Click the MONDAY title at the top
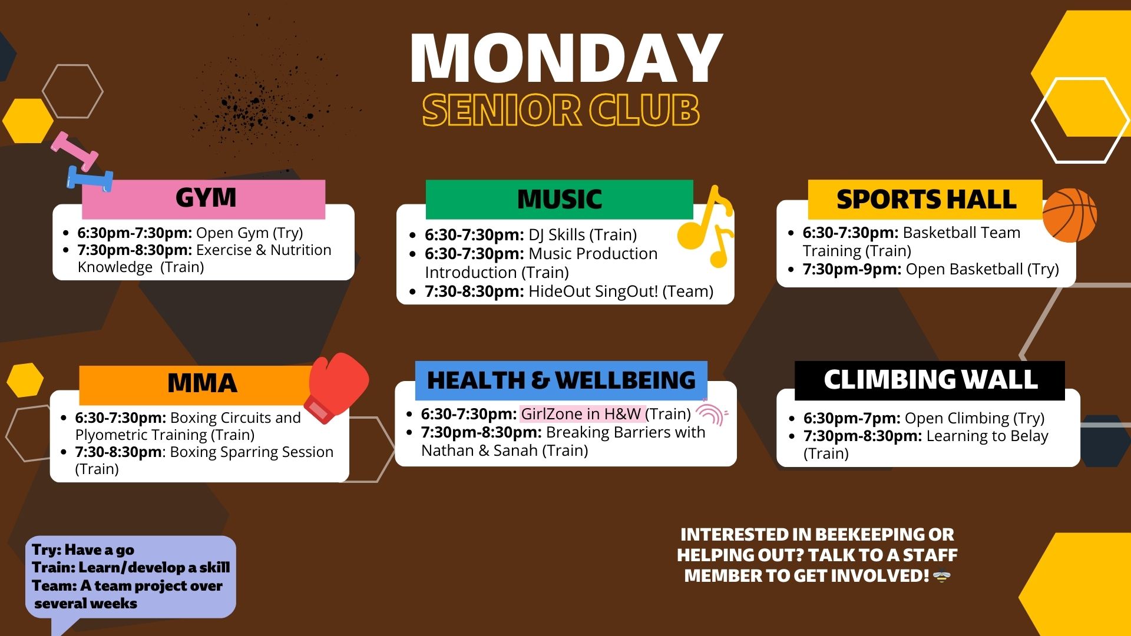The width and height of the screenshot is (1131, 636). pos(566,58)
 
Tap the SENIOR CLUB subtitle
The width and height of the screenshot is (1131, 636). pos(561,110)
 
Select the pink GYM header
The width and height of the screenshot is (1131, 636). pos(204,199)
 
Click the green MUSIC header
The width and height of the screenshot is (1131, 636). pos(559,200)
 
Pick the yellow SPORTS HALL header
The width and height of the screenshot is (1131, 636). pos(925,199)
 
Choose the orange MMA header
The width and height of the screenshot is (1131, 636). pos(202,383)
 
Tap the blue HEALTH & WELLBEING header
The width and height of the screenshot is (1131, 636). pos(561,380)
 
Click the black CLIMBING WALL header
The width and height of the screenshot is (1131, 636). pos(930,380)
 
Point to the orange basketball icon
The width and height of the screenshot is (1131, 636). pos(1070,215)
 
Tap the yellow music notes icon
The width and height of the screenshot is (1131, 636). pos(706,227)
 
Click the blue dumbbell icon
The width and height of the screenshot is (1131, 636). pos(90,178)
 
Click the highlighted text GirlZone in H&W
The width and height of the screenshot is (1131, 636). pos(581,414)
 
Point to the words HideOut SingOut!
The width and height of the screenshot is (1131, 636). pos(593,291)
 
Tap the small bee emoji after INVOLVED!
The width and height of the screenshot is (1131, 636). pos(942,577)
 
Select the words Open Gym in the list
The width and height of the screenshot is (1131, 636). pos(232,233)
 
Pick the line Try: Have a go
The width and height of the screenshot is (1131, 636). pos(83,550)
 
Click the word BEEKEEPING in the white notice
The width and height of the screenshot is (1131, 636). pos(861,535)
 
